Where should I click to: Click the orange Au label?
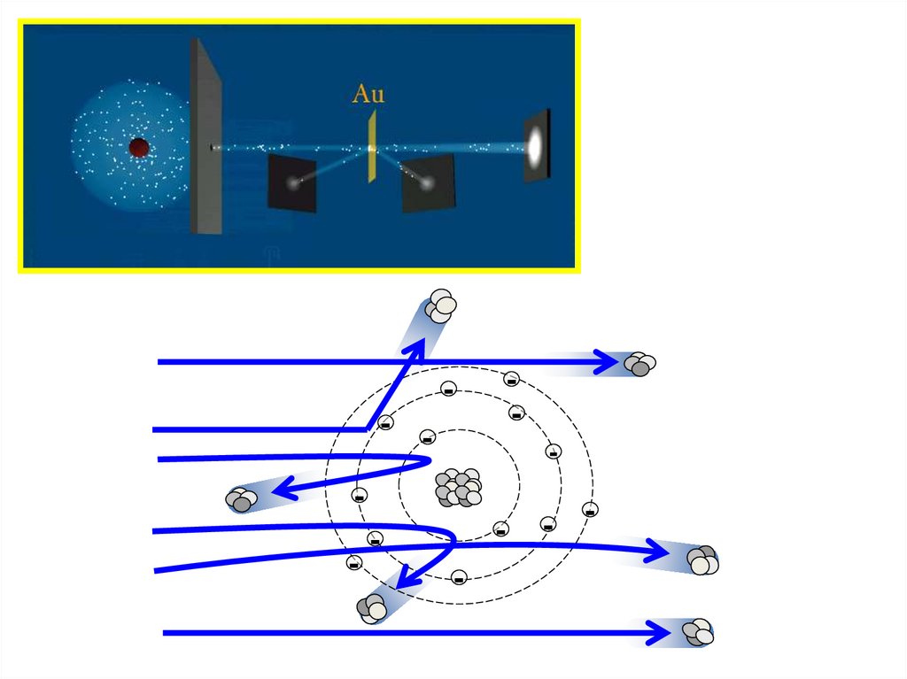368,94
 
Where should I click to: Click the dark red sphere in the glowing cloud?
138,148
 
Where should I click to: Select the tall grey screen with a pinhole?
206,136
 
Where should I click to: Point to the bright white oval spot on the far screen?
536,145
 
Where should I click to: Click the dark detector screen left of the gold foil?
292,182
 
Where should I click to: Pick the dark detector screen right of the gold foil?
429,182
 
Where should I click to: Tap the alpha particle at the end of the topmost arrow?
640,363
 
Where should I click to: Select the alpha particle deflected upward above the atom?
440,306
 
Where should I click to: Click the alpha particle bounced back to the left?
241,500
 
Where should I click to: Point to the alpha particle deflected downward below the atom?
372,606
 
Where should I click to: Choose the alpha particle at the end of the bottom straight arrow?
698,633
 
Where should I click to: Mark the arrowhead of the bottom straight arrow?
659,632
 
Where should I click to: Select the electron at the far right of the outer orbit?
591,509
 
